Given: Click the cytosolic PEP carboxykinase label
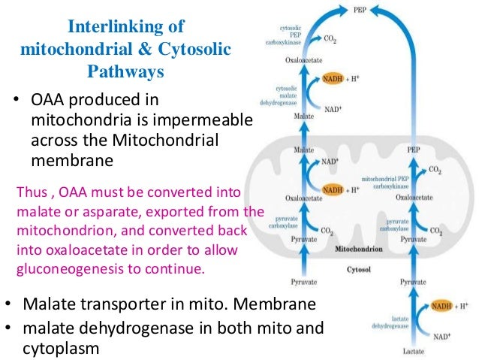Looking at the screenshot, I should coord(288,35).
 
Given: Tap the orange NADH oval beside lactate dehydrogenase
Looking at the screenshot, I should coord(442,306).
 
